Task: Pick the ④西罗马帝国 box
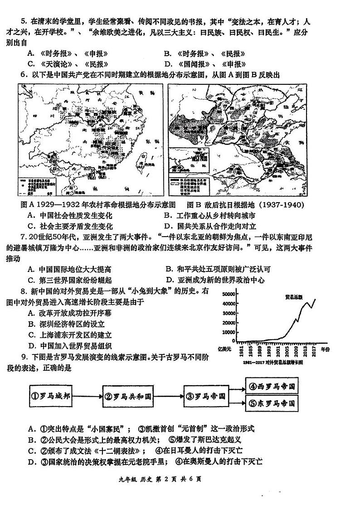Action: click(x=272, y=387)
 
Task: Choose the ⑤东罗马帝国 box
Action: click(x=272, y=403)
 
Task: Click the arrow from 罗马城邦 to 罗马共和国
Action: click(x=88, y=395)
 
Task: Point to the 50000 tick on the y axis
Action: click(x=229, y=294)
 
